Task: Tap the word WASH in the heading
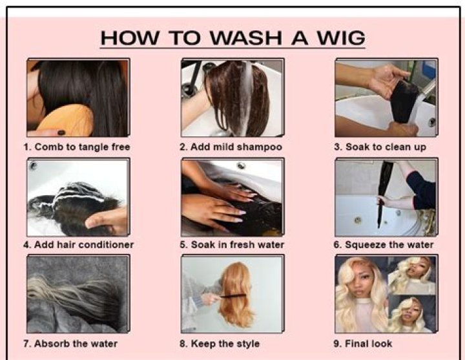pyautogui.click(x=246, y=38)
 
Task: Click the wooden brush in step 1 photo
pyautogui.click(x=67, y=121)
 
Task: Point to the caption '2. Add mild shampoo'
pyautogui.click(x=231, y=147)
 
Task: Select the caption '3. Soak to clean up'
pyautogui.click(x=380, y=147)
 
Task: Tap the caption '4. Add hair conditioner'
pyautogui.click(x=79, y=245)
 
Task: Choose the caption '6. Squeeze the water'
pyautogui.click(x=384, y=245)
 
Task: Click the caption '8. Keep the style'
pyautogui.click(x=220, y=344)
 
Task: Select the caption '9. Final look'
pyautogui.click(x=363, y=344)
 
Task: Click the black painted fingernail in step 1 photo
pyautogui.click(x=61, y=132)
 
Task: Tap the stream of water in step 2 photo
pyautogui.click(x=247, y=98)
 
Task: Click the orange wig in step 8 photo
pyautogui.click(x=236, y=294)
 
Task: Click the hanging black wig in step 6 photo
pyautogui.click(x=385, y=193)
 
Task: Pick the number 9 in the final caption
pyautogui.click(x=337, y=344)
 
